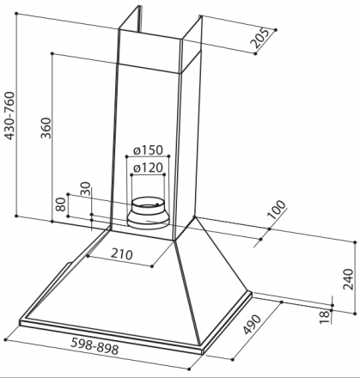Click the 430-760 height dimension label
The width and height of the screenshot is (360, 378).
(10, 116)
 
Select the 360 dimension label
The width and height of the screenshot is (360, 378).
(46, 128)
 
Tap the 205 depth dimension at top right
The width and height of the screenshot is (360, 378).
(259, 38)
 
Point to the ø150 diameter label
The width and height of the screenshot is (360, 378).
(148, 149)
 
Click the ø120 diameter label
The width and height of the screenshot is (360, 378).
(148, 168)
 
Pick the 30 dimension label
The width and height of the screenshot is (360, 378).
(85, 189)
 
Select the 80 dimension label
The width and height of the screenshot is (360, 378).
(61, 204)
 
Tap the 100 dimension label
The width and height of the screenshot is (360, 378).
(276, 210)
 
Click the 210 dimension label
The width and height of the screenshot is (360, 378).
(122, 254)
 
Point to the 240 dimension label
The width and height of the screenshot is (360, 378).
(348, 279)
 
